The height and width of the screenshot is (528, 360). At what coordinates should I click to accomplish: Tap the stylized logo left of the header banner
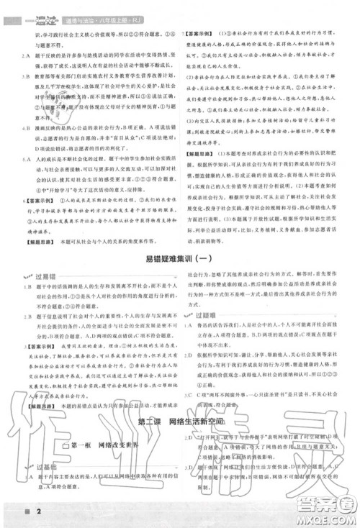(32, 6)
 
